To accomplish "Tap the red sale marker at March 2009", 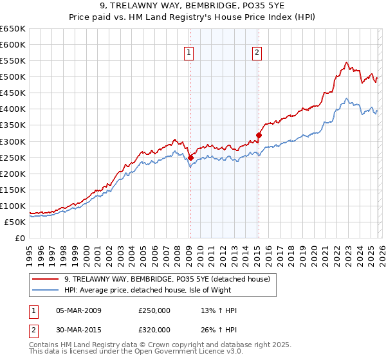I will click(x=190, y=157).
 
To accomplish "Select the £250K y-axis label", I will click(x=13, y=157).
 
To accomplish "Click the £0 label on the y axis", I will click(x=19, y=238).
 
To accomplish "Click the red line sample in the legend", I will click(x=45, y=278).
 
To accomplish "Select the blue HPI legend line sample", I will click(x=45, y=290).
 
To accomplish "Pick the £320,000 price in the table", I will click(x=154, y=330).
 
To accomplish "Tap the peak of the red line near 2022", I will click(x=346, y=62).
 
